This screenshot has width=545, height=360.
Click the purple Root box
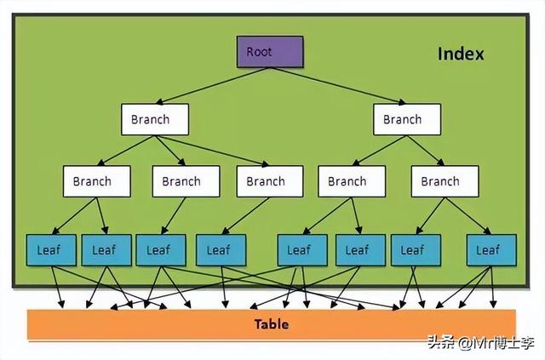click(x=269, y=52)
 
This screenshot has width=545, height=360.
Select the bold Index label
click(x=461, y=54)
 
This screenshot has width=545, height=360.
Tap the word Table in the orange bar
click(x=272, y=324)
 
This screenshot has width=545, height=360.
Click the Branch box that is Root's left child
click(x=154, y=119)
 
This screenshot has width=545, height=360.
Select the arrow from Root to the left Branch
click(x=213, y=86)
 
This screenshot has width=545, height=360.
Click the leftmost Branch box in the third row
click(x=97, y=181)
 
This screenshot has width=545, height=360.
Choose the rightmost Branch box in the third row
click(x=439, y=181)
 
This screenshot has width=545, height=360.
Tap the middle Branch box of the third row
click(x=266, y=181)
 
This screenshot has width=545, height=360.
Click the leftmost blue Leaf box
click(x=50, y=249)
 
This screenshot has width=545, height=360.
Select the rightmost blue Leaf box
click(x=488, y=249)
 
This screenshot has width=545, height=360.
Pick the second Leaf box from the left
click(x=104, y=249)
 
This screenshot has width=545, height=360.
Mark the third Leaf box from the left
click(x=159, y=249)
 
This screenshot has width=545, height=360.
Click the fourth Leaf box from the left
click(x=220, y=249)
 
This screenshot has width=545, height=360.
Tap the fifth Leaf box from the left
click(x=299, y=249)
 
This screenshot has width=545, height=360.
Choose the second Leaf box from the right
click(x=413, y=249)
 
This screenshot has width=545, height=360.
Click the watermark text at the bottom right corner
click(x=482, y=344)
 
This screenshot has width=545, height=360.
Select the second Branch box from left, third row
click(x=181, y=181)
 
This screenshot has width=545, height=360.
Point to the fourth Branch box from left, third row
click(x=347, y=181)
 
